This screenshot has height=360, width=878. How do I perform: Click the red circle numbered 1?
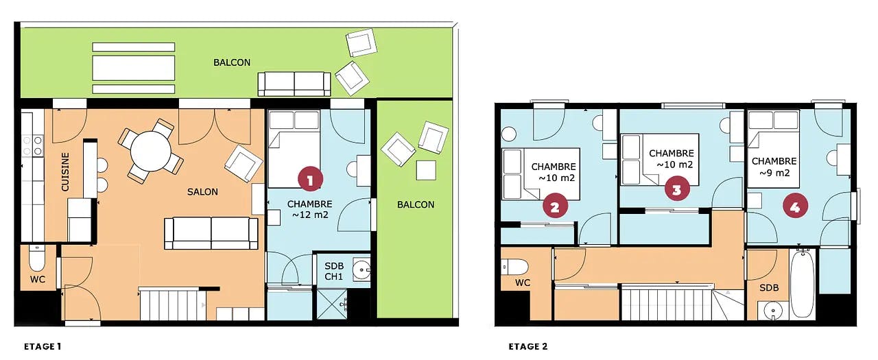[x=310, y=180]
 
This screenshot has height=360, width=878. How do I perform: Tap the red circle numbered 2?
[x=555, y=206]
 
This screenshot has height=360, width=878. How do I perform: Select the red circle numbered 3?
[x=677, y=189]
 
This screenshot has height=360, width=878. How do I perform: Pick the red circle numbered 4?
[x=795, y=206]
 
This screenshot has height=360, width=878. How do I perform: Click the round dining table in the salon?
[x=151, y=151]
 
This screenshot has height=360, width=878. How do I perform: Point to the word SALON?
[x=202, y=192]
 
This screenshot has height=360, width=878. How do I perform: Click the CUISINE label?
[x=65, y=172]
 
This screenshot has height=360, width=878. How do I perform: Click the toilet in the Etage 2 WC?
[x=514, y=267]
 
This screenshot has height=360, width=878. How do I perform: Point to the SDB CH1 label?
[x=333, y=271]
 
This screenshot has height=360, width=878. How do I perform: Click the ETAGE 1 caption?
[x=43, y=346]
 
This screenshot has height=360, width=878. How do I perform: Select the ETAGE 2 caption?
[x=527, y=346]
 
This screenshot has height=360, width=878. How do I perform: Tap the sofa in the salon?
[x=211, y=233]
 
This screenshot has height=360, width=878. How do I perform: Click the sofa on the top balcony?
[x=294, y=84]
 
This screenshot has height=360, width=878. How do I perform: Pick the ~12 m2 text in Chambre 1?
[x=310, y=215]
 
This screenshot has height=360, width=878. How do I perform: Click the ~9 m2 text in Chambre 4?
[x=774, y=173]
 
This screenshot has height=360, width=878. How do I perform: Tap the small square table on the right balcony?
[x=426, y=170]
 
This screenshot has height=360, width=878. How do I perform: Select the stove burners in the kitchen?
[x=32, y=145]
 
